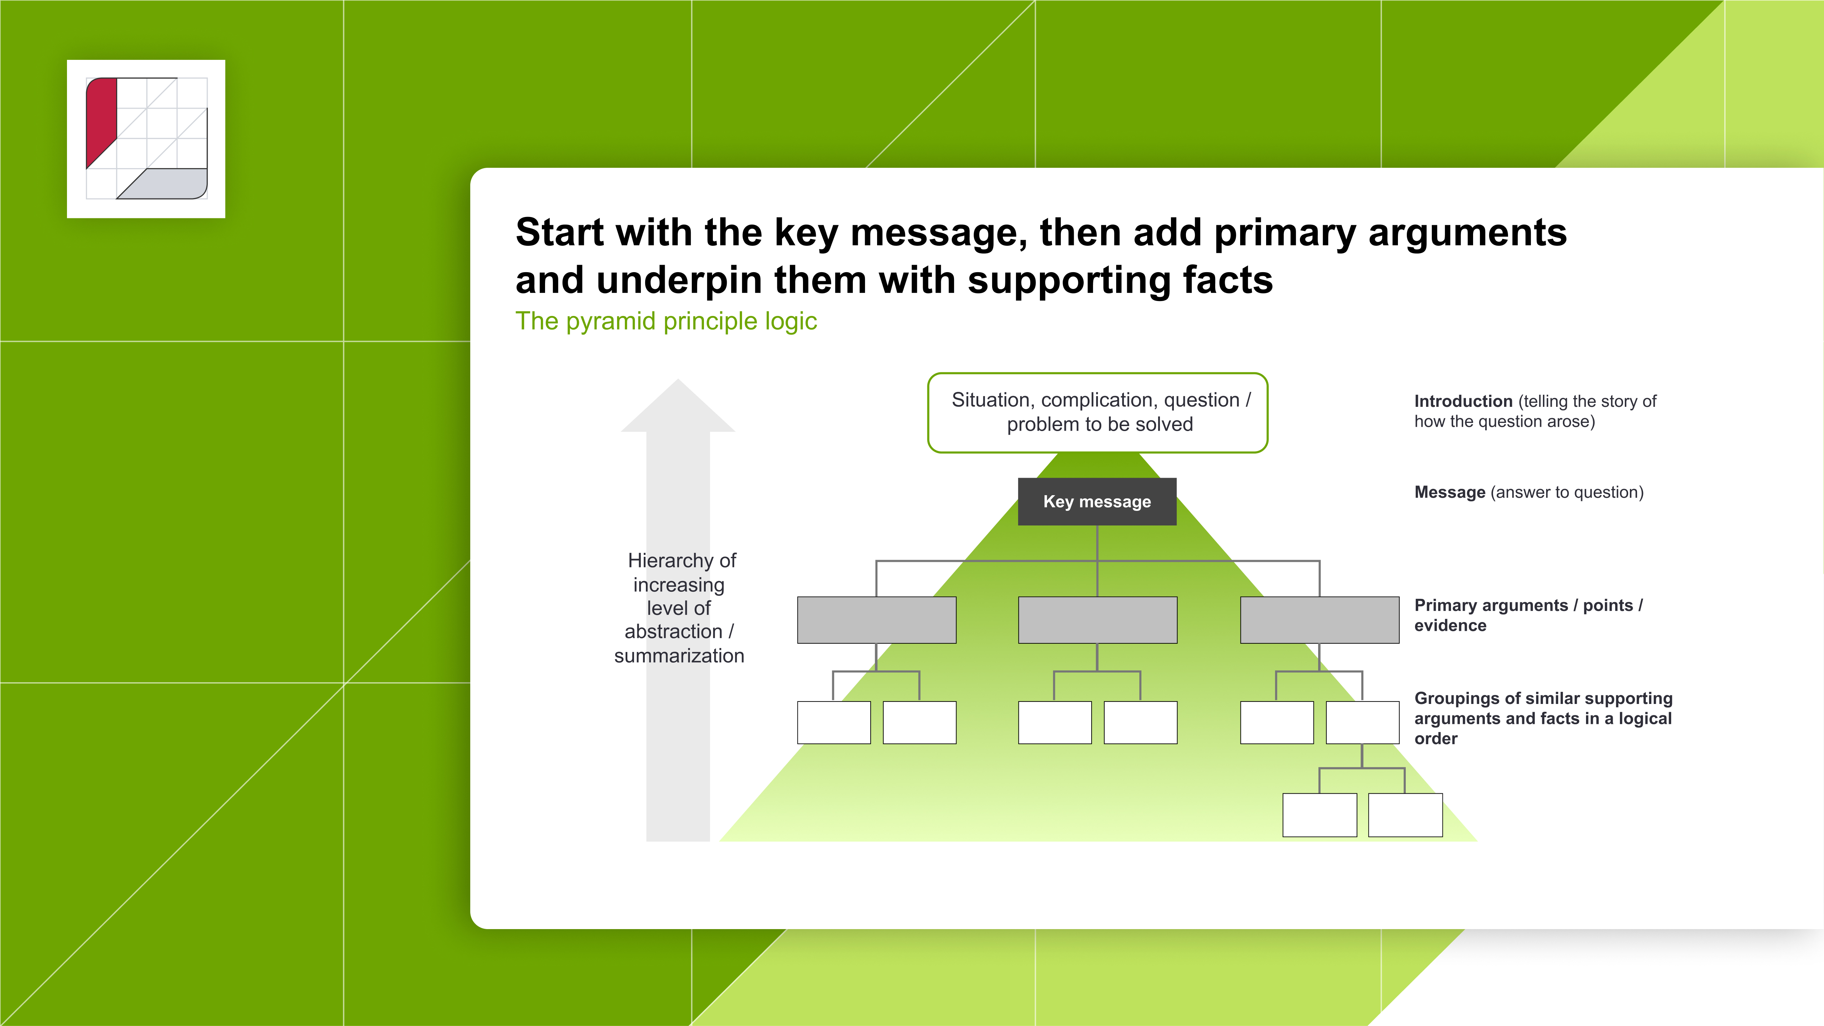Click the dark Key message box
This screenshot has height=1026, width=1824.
point(1097,501)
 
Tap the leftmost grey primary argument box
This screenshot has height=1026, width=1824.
point(877,620)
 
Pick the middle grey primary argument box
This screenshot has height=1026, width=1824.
point(1097,620)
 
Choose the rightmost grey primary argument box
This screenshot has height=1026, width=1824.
point(1319,620)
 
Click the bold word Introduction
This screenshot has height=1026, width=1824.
point(1463,401)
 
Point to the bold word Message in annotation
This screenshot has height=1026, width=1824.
point(1450,492)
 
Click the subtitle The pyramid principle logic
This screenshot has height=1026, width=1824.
point(665,321)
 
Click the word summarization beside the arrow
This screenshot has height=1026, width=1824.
point(678,655)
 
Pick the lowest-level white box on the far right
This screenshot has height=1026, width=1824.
point(1405,815)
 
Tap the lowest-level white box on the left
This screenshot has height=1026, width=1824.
point(1319,815)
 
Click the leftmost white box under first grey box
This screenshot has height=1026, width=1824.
point(833,722)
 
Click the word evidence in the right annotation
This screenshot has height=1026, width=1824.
point(1450,626)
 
